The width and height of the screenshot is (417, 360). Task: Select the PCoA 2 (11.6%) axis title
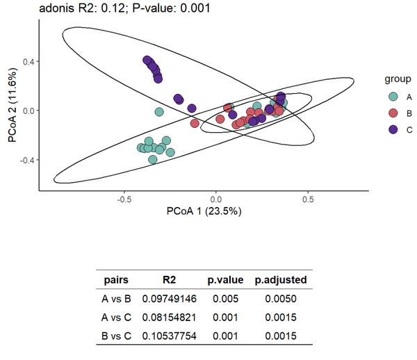click(x=12, y=106)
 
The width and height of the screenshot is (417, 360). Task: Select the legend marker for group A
click(x=393, y=97)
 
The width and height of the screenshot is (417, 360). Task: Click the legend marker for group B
click(x=393, y=113)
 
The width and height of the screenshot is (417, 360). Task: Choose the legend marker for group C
click(x=393, y=129)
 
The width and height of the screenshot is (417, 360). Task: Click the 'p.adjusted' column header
click(x=281, y=281)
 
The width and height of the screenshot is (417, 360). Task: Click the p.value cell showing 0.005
click(x=225, y=299)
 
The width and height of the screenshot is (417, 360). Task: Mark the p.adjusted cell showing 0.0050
click(x=281, y=299)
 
